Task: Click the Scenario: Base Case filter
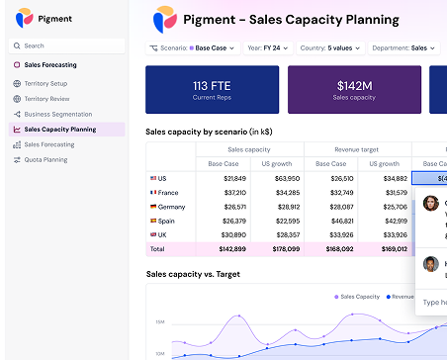point(192,47)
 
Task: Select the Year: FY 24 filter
point(268,47)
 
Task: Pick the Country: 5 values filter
point(330,47)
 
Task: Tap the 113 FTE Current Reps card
point(212,89)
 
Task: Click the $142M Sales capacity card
point(353,89)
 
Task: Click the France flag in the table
point(153,193)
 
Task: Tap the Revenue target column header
point(357,150)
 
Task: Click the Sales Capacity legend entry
point(357,296)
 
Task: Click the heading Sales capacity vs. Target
point(193,274)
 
